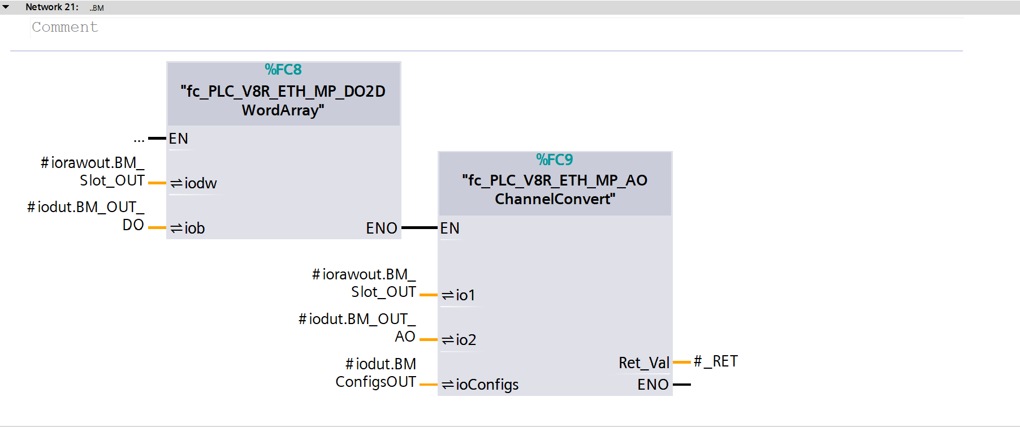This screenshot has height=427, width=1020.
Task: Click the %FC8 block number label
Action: [283, 70]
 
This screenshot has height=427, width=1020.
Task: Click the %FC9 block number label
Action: [554, 159]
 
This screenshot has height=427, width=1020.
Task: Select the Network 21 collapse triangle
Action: [6, 7]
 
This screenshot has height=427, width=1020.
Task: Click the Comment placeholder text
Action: [65, 27]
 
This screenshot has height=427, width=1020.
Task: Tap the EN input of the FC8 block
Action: [178, 139]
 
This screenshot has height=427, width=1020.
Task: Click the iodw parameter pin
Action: [194, 183]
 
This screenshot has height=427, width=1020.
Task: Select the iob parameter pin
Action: [188, 228]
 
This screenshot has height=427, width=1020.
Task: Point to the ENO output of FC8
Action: [382, 228]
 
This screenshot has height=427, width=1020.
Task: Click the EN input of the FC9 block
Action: [450, 228]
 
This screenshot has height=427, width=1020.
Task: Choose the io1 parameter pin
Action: [459, 295]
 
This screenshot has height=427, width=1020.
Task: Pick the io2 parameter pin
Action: [459, 340]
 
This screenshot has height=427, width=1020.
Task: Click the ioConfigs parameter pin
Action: [480, 385]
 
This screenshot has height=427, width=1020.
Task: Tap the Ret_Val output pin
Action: [644, 363]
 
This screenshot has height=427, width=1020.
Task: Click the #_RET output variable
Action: [716, 361]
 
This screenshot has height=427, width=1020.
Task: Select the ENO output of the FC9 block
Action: [653, 385]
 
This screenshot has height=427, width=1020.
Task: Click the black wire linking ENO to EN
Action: [420, 228]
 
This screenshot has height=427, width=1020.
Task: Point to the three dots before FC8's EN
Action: [139, 139]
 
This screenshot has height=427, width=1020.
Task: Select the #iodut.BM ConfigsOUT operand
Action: [376, 373]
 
